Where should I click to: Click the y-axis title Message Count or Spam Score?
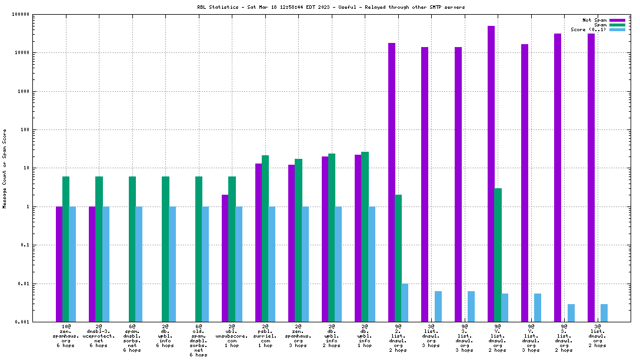(x=5, y=169)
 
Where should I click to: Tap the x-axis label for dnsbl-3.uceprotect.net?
(x=99, y=335)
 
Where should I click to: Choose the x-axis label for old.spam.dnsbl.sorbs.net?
(x=199, y=340)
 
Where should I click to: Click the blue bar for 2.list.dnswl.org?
(x=405, y=302)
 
